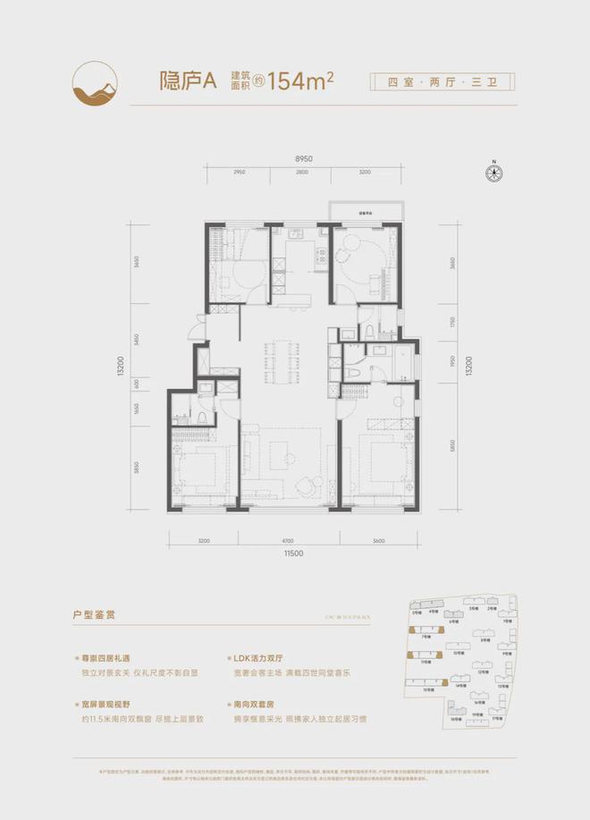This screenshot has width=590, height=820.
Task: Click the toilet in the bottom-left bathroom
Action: coord(204,415)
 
